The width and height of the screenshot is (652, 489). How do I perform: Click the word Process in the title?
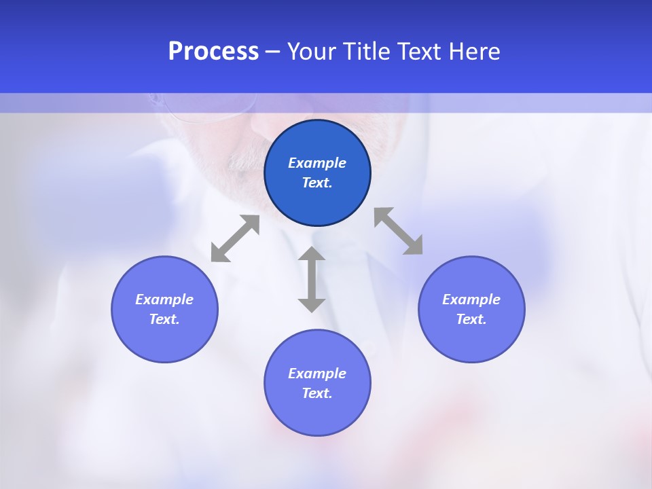(213, 52)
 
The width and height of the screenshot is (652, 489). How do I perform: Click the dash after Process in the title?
(273, 52)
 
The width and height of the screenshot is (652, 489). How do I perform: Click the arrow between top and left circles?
(235, 238)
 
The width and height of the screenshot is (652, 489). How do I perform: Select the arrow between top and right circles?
(399, 231)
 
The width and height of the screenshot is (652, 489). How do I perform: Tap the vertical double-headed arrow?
(312, 279)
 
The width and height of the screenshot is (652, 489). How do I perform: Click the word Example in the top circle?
(317, 163)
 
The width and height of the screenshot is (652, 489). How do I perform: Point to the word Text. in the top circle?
(317, 183)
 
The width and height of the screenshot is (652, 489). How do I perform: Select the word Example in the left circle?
(164, 300)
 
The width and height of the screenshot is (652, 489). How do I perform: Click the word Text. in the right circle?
(471, 319)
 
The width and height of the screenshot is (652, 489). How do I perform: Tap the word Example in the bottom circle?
(317, 374)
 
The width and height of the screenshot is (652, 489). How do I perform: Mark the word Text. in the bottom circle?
(317, 393)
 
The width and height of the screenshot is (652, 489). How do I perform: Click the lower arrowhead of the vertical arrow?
(312, 304)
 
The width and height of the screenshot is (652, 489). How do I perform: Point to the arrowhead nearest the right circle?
(414, 246)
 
